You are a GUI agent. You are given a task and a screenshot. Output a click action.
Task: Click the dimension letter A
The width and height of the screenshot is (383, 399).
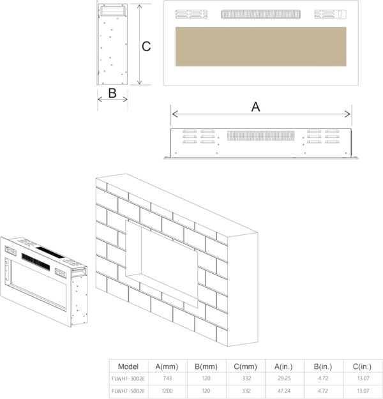(x=256, y=107)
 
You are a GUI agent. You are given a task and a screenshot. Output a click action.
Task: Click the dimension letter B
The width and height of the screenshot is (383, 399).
(x=112, y=93)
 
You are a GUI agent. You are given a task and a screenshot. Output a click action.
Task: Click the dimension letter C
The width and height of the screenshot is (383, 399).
(x=146, y=47)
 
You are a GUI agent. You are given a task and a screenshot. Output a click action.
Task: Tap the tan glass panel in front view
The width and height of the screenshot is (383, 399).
(x=261, y=47)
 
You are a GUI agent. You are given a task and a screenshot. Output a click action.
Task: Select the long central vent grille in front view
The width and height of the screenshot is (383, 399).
(x=261, y=14)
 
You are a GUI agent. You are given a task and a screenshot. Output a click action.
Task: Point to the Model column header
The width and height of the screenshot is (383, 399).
(x=128, y=366)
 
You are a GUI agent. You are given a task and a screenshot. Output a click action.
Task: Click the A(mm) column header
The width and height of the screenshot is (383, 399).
(x=167, y=366)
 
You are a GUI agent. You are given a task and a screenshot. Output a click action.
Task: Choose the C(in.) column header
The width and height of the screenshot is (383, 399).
(x=362, y=366)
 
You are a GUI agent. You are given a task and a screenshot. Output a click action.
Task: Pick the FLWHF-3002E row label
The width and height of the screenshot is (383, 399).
(x=128, y=379)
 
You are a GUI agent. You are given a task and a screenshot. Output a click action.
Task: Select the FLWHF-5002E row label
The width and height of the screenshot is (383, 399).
(x=128, y=391)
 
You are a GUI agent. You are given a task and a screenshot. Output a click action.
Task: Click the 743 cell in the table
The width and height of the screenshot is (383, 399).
(x=167, y=378)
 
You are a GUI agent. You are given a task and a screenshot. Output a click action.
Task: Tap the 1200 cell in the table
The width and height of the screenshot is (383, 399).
(x=167, y=391)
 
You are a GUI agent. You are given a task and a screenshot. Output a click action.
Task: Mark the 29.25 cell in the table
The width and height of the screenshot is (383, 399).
(x=284, y=378)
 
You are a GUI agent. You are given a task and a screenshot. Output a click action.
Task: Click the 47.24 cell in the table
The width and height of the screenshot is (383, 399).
(x=284, y=391)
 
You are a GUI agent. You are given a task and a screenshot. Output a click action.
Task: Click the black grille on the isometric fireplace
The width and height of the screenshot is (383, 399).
(x=36, y=262)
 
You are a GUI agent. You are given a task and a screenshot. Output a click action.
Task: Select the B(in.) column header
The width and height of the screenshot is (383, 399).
(x=323, y=366)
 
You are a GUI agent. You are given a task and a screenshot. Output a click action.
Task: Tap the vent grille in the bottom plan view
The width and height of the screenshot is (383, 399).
(x=261, y=135)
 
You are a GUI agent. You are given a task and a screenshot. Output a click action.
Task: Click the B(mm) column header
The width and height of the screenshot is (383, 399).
(x=206, y=366)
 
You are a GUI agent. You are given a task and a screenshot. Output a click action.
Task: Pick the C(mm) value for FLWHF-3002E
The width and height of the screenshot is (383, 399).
(x=246, y=378)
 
